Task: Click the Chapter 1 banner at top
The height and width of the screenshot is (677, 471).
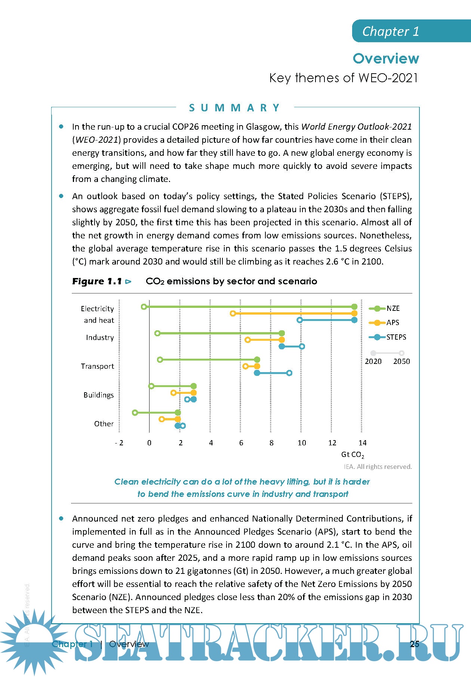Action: pos(391,31)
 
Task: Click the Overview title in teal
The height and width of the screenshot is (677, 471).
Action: pos(386,59)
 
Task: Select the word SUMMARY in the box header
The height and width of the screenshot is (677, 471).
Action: pos(234,108)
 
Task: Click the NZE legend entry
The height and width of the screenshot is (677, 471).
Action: pos(393,309)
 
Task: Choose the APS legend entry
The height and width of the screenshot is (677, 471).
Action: pos(392,323)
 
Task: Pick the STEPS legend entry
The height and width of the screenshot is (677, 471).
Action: pos(396,337)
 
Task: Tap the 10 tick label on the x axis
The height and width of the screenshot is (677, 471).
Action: pos(302,443)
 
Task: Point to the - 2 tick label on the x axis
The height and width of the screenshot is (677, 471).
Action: pos(119,443)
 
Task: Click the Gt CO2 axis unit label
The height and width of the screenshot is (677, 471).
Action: pos(352,455)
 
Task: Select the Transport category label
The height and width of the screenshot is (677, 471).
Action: pos(97,367)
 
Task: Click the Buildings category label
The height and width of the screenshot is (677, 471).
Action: pos(98,395)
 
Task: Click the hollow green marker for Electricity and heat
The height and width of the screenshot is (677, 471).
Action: pos(144,307)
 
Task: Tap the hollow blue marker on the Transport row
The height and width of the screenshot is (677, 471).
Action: pos(289,373)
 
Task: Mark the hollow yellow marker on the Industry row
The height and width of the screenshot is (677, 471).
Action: pos(247,340)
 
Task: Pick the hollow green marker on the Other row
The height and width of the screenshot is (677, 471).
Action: pos(135,413)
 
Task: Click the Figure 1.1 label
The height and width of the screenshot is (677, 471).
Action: pos(97,281)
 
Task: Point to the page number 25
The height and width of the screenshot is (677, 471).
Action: pos(415,644)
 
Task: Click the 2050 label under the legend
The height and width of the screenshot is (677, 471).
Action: pos(401,362)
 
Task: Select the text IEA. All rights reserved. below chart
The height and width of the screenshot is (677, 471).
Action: pos(378,467)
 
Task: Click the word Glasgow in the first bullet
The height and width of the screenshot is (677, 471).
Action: pos(264,127)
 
